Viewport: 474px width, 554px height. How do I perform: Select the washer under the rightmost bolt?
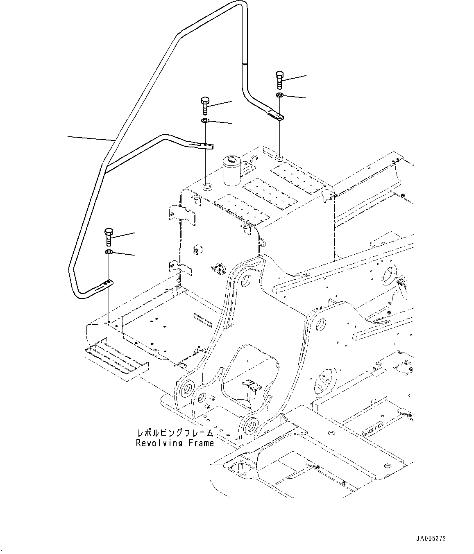click(x=279, y=95)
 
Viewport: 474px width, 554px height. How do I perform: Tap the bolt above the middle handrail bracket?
click(x=205, y=105)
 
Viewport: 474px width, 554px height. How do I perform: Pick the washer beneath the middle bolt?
click(x=205, y=121)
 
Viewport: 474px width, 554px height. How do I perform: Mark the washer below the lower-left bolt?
click(x=109, y=252)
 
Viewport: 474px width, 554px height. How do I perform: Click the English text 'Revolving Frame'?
click(x=175, y=443)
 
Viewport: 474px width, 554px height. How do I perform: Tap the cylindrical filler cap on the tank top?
click(x=232, y=170)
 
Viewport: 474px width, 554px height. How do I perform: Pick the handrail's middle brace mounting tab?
click(x=203, y=145)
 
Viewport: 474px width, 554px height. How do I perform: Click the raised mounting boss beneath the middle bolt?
click(x=206, y=188)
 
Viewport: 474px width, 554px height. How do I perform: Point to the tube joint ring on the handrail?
click(x=244, y=63)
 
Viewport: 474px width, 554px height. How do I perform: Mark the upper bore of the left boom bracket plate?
click(x=247, y=281)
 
